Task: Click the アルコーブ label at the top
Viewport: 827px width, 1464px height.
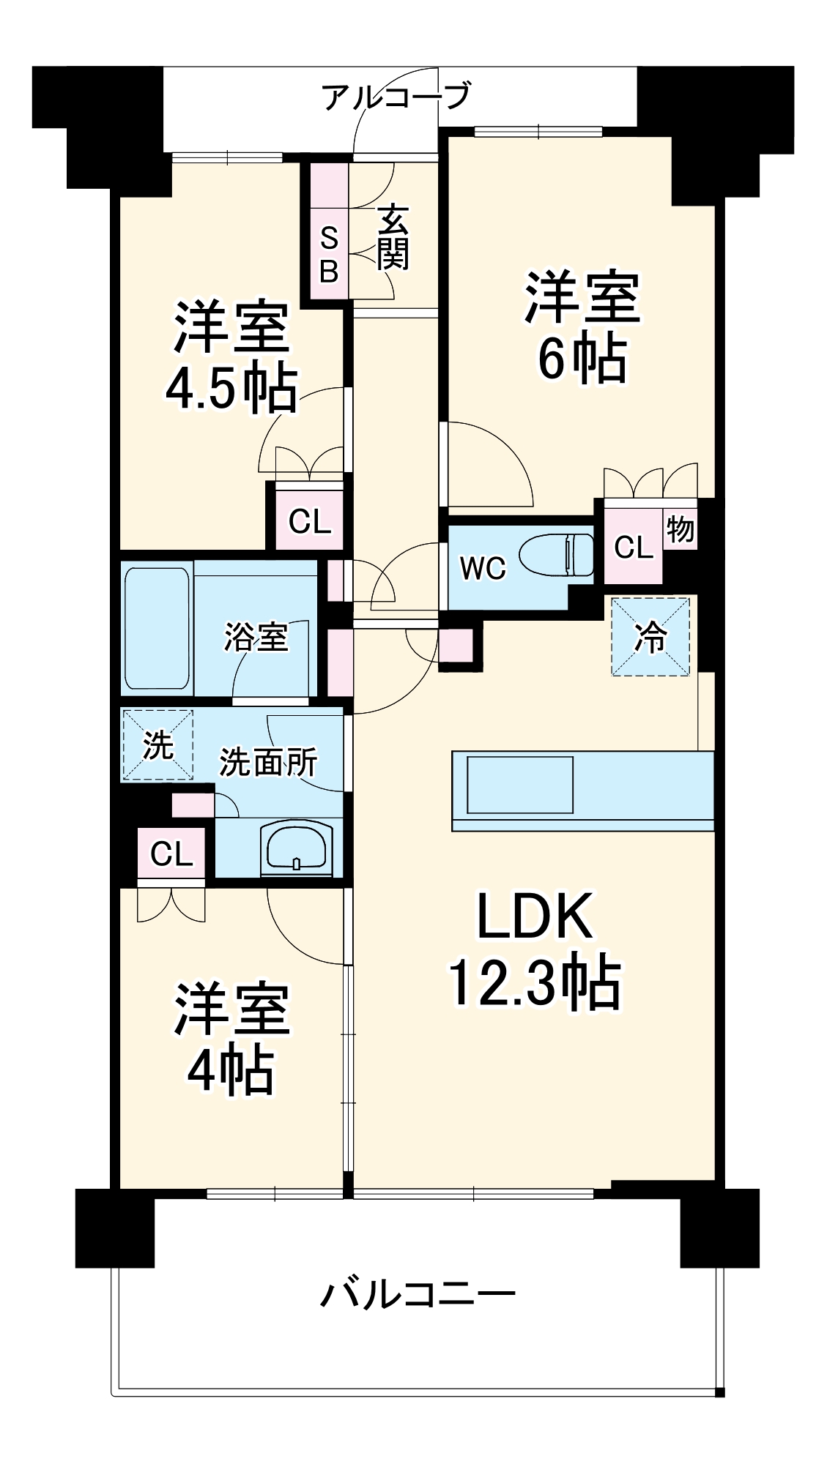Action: (396, 96)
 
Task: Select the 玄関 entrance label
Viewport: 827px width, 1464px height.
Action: (393, 238)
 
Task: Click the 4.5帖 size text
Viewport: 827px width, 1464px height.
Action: (231, 389)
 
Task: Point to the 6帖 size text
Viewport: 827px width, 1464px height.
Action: (582, 359)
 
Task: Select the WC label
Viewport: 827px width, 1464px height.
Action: (483, 567)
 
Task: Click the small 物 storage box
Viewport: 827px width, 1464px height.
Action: (680, 529)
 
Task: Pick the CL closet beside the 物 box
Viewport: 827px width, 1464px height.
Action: (633, 547)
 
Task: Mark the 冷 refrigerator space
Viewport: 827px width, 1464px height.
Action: (650, 636)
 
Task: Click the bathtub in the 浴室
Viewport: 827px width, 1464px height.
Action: (157, 628)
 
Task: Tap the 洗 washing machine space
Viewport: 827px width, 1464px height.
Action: (157, 745)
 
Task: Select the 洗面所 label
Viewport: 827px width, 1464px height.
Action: (269, 762)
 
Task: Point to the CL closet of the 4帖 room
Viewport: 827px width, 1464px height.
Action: (171, 854)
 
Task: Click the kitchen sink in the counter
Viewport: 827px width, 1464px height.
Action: (520, 785)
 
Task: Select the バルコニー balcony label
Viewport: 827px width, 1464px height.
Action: (418, 1294)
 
